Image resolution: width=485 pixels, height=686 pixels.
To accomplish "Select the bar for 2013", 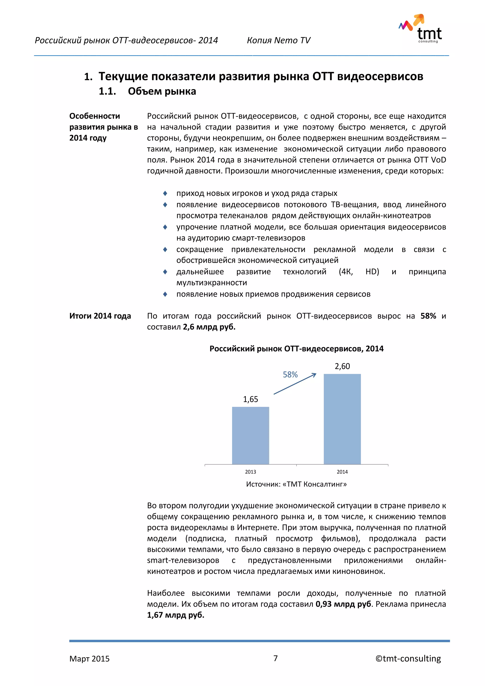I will point(250,435).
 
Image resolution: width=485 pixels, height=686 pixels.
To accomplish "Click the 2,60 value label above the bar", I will point(342,366).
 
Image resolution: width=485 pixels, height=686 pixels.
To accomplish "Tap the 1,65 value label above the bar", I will point(250,399).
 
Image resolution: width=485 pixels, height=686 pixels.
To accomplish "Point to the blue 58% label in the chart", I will point(290,375).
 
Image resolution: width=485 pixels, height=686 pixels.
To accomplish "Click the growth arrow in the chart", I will point(295,384).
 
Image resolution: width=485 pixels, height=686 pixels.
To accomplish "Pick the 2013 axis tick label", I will point(250,472).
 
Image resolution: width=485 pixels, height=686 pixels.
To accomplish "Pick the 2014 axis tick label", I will point(342,472).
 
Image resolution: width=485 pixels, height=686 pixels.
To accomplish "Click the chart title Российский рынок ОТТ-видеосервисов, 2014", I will point(296,349).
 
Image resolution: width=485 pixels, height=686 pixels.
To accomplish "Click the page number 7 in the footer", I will point(275,658).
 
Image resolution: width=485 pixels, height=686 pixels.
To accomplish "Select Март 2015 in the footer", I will point(89,659).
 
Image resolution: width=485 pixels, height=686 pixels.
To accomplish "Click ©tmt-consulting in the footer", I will point(408,659).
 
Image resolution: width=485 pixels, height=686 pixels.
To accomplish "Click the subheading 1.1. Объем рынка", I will point(147,91).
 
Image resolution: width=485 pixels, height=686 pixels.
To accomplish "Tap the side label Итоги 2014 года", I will point(100,316).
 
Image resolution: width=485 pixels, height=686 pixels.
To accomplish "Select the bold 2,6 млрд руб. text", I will point(209,327).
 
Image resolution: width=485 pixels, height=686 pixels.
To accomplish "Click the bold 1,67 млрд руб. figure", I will point(176,615).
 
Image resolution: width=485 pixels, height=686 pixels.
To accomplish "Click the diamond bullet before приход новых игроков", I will point(165,193).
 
